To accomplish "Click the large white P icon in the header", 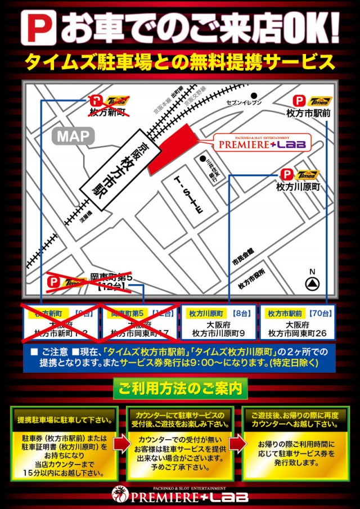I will (x=38, y=26).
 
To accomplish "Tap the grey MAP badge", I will (x=73, y=136).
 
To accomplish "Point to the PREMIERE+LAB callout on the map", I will (x=262, y=144).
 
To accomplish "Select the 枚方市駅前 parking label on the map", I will (x=308, y=113).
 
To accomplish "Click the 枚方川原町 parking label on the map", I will (x=298, y=187).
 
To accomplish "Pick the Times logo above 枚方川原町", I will (x=307, y=175).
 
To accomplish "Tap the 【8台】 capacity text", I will (x=241, y=313).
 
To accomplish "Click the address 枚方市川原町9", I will (x=218, y=333).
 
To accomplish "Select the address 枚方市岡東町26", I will (x=298, y=333).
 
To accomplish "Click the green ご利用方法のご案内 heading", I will (x=180, y=388).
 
